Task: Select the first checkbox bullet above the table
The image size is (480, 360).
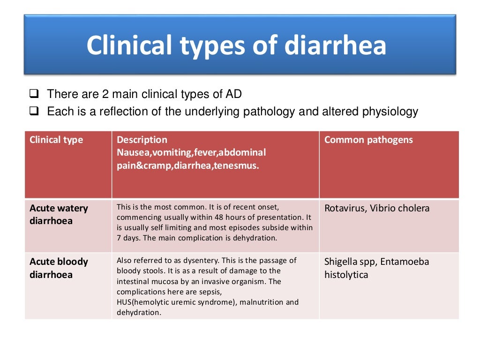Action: coord(33,94)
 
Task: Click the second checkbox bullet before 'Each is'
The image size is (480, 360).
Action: coord(33,112)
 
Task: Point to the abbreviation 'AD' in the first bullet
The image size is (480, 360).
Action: coord(233,94)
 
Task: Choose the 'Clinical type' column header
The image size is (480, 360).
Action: coord(56,140)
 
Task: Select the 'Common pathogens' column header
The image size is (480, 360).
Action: coord(368,140)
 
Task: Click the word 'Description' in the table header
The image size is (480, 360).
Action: coord(142,140)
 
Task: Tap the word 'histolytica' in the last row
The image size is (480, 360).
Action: coord(346,275)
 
